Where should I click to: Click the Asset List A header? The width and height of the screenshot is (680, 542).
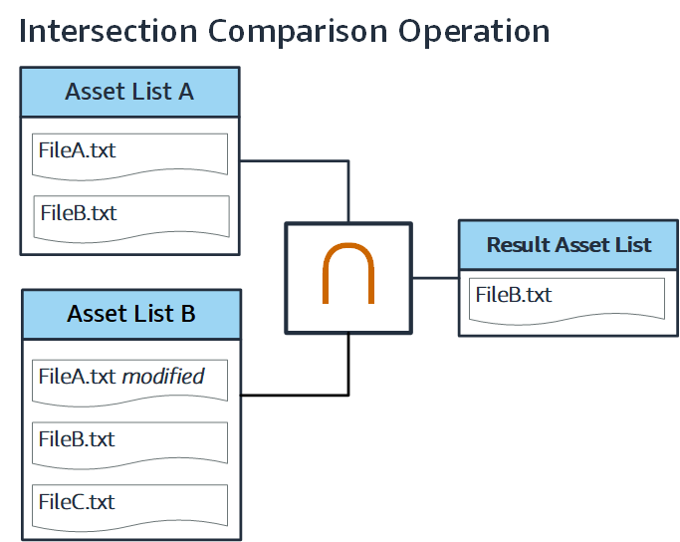click(129, 93)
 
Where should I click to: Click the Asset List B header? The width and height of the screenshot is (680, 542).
click(130, 315)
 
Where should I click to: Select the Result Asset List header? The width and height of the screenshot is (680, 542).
click(568, 245)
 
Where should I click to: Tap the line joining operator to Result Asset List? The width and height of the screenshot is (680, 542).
click(435, 278)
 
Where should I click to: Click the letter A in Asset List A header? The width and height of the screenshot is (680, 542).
click(184, 93)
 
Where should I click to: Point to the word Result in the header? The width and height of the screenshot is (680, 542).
click(516, 245)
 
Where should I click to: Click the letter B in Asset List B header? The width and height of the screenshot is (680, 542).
click(186, 315)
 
